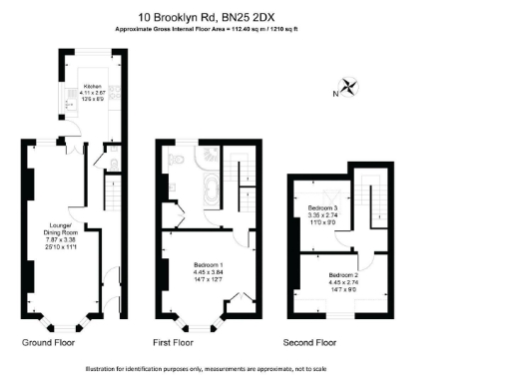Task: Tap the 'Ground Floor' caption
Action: click(49, 342)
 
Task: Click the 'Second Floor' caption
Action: click(311, 342)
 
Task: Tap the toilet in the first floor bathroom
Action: click(177, 160)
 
